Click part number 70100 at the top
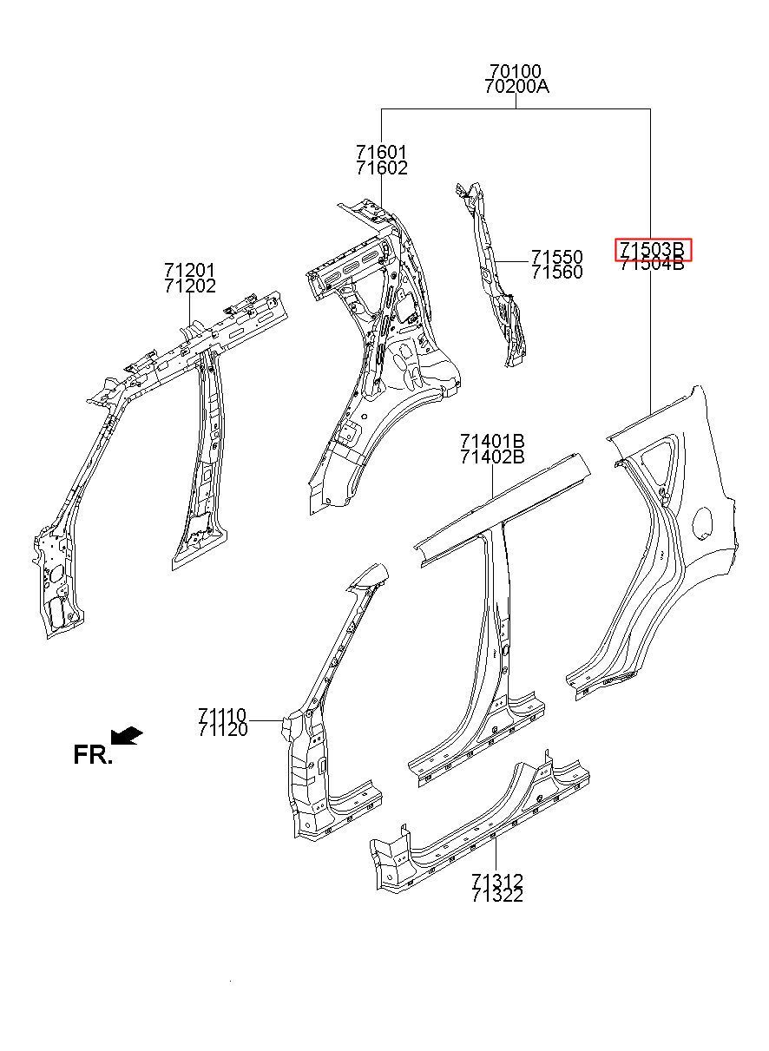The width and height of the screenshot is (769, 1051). pyautogui.click(x=516, y=72)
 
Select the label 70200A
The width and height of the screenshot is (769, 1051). pyautogui.click(x=516, y=87)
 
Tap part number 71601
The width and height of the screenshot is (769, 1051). pyautogui.click(x=381, y=153)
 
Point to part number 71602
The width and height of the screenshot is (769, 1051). pyautogui.click(x=381, y=168)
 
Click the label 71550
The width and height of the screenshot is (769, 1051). pyautogui.click(x=557, y=257)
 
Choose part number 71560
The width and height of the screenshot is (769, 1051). pyautogui.click(x=557, y=273)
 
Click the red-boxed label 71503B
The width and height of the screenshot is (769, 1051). pyautogui.click(x=652, y=249)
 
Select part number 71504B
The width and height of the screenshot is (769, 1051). pyautogui.click(x=652, y=265)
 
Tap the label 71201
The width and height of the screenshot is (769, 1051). pyautogui.click(x=190, y=270)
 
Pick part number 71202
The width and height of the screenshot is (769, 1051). pyautogui.click(x=190, y=286)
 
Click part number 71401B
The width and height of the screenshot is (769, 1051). pyautogui.click(x=492, y=442)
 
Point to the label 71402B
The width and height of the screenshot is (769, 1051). pyautogui.click(x=492, y=457)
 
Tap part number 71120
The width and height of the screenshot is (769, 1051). pyautogui.click(x=222, y=730)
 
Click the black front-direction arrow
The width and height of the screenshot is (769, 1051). pyautogui.click(x=126, y=736)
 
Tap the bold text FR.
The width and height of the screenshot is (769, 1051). pyautogui.click(x=93, y=754)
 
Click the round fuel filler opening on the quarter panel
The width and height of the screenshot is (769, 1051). pyautogui.click(x=702, y=522)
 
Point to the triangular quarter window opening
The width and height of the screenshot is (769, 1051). pyautogui.click(x=661, y=460)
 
